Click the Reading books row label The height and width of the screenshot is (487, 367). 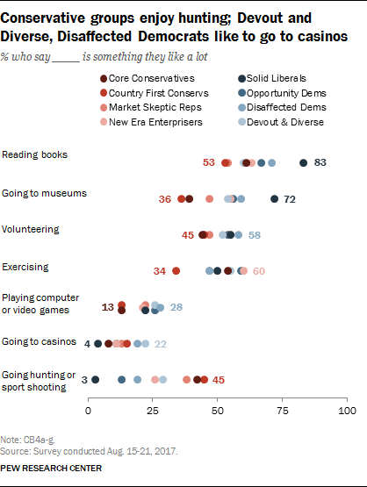coord(35,155)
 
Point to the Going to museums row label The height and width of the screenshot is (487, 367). coord(44,192)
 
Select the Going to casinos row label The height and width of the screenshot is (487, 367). coord(40,340)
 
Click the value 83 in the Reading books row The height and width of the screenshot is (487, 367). coord(320,162)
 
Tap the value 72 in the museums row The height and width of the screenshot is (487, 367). coord(290,200)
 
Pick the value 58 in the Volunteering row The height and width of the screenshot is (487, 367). coord(255,235)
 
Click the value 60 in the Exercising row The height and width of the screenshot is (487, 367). coord(259,271)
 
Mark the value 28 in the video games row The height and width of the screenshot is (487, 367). coord(176,307)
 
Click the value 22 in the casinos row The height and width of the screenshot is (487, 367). coord(161,344)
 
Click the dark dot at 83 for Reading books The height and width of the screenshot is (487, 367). coord(304,162)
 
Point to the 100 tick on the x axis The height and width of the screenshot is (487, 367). coord(348,411)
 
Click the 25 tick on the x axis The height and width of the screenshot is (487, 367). coord(153,411)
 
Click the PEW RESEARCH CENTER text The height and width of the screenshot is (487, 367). coord(52,469)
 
